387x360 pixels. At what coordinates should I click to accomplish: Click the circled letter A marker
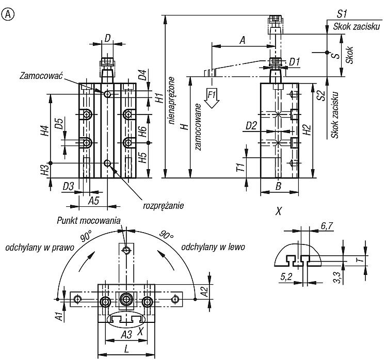tap(8, 14)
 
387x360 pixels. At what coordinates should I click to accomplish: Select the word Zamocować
tap(41, 75)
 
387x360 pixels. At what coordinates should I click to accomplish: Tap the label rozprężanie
tap(164, 205)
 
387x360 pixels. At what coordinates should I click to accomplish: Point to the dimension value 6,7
tap(327, 226)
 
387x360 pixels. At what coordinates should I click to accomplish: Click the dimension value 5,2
tap(286, 277)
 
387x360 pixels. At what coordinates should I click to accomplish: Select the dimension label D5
tap(59, 123)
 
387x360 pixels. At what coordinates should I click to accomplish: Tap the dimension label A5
tap(93, 201)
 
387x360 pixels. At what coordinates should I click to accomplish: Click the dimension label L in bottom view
tap(126, 349)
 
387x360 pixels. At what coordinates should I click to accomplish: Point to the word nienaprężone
tap(171, 101)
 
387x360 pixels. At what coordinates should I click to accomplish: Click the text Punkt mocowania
tap(89, 220)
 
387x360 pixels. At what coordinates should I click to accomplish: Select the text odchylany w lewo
tap(213, 247)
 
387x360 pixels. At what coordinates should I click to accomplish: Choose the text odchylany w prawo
tap(40, 248)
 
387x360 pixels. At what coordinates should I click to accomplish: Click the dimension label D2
tap(251, 126)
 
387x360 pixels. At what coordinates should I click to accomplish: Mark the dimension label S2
tap(321, 96)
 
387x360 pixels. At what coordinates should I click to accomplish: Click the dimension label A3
tap(126, 335)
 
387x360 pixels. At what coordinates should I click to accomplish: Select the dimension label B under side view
tap(278, 186)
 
